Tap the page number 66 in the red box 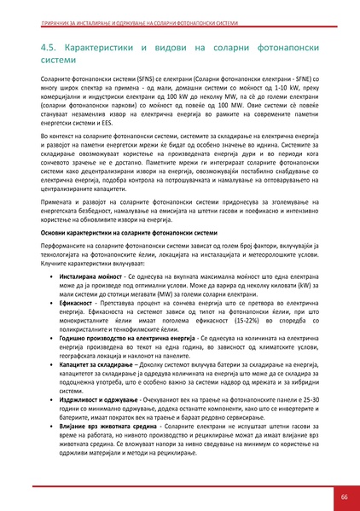pos(343,496)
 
